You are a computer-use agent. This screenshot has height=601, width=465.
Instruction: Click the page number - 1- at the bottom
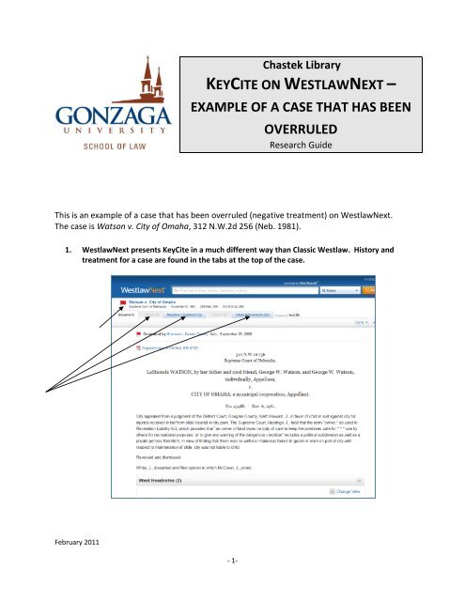[231, 584]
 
